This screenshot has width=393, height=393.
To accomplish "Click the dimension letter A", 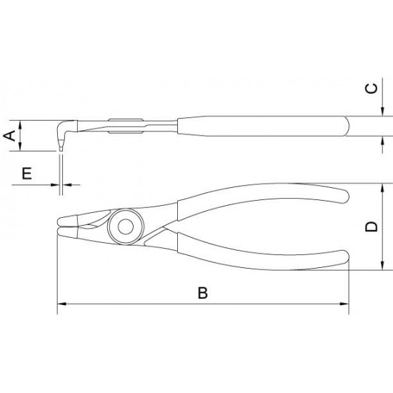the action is click(x=10, y=136).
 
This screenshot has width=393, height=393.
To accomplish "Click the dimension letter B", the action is click(x=203, y=293).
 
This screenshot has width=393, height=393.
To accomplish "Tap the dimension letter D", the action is click(x=371, y=227).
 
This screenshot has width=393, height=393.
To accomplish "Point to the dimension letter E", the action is click(x=27, y=173).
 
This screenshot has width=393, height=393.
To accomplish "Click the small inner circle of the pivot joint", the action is click(x=126, y=227).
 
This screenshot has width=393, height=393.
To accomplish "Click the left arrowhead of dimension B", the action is click(x=61, y=304).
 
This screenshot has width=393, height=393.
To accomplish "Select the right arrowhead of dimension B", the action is click(x=344, y=304).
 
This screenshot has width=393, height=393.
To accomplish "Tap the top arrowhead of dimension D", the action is click(x=382, y=188).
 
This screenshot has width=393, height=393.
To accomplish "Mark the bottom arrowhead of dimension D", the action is click(x=382, y=266).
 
